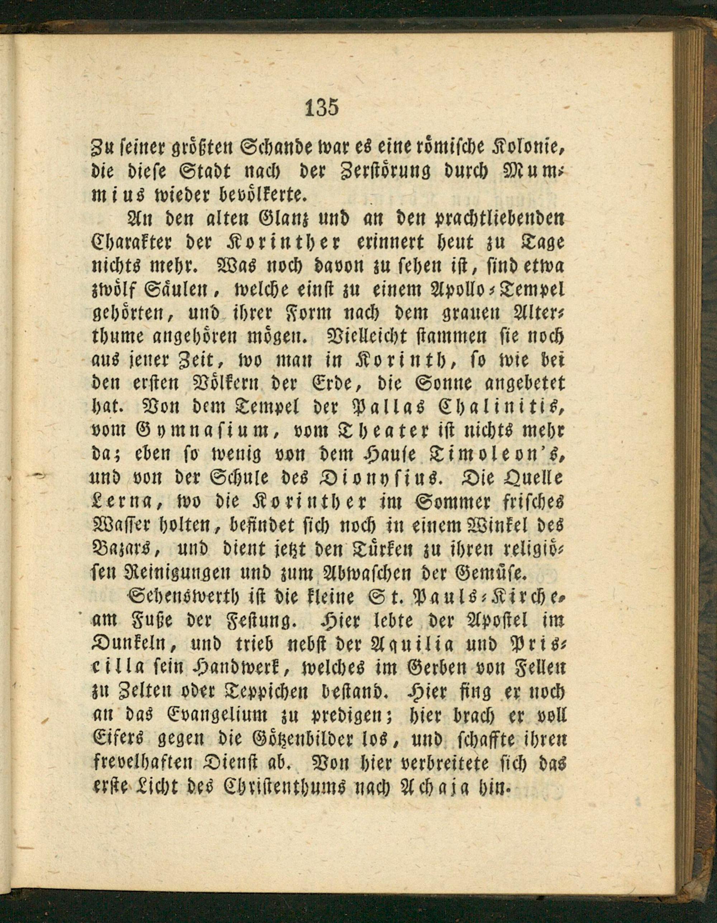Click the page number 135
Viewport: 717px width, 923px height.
[x=322, y=108]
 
